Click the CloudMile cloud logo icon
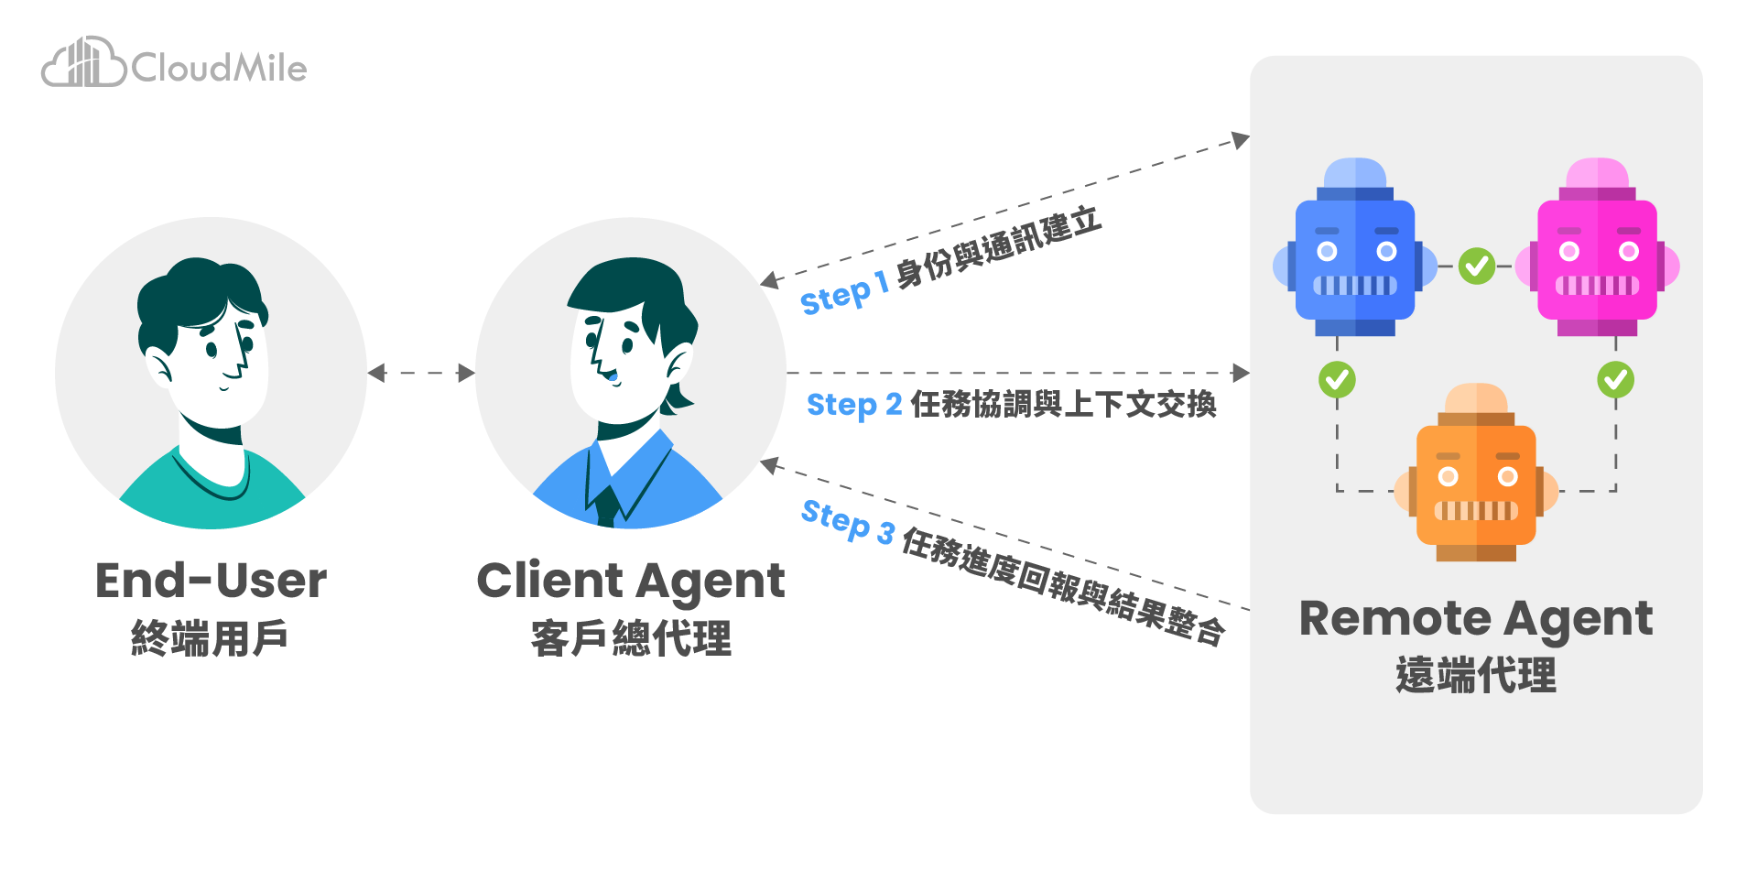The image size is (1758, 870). (83, 63)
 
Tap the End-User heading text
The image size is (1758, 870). (211, 581)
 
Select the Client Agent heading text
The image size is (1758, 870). (631, 581)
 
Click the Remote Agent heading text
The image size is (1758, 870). (1475, 618)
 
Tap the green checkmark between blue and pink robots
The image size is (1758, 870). (1476, 266)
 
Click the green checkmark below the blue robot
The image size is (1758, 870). (1337, 379)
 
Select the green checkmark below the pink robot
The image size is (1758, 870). (1615, 379)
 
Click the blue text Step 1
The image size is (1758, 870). (843, 294)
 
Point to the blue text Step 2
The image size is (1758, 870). (853, 405)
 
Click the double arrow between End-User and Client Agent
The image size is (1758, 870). (421, 373)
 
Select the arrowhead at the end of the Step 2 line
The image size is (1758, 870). (1241, 373)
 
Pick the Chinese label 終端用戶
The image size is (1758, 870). (210, 638)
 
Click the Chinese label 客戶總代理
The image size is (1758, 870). (631, 638)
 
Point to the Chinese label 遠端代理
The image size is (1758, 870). (1475, 676)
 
